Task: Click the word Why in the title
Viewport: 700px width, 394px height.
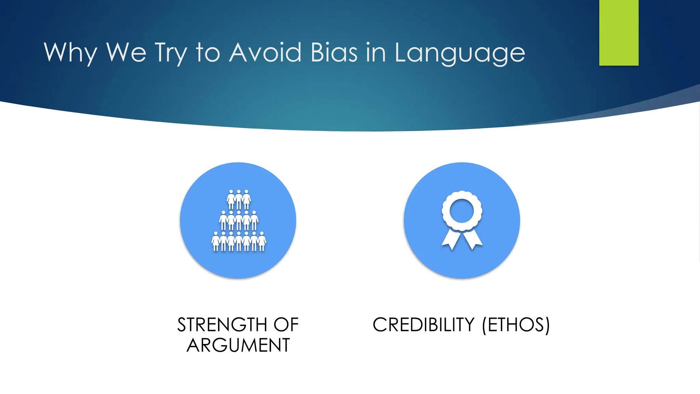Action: click(70, 53)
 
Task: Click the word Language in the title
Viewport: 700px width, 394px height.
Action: click(460, 53)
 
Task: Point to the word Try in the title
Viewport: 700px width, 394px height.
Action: click(171, 53)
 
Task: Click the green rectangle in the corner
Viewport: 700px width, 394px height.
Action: click(619, 32)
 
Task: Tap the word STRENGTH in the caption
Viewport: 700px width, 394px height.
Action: click(222, 325)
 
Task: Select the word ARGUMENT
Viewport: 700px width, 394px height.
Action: click(238, 345)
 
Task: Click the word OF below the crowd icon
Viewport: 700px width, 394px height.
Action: click(286, 325)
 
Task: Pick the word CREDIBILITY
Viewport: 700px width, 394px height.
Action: click(423, 325)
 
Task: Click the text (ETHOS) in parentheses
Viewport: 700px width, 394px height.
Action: click(516, 325)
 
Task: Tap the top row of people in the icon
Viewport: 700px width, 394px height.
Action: click(239, 199)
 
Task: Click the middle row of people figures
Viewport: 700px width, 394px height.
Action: click(239, 221)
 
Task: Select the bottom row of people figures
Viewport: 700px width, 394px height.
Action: click(239, 241)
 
